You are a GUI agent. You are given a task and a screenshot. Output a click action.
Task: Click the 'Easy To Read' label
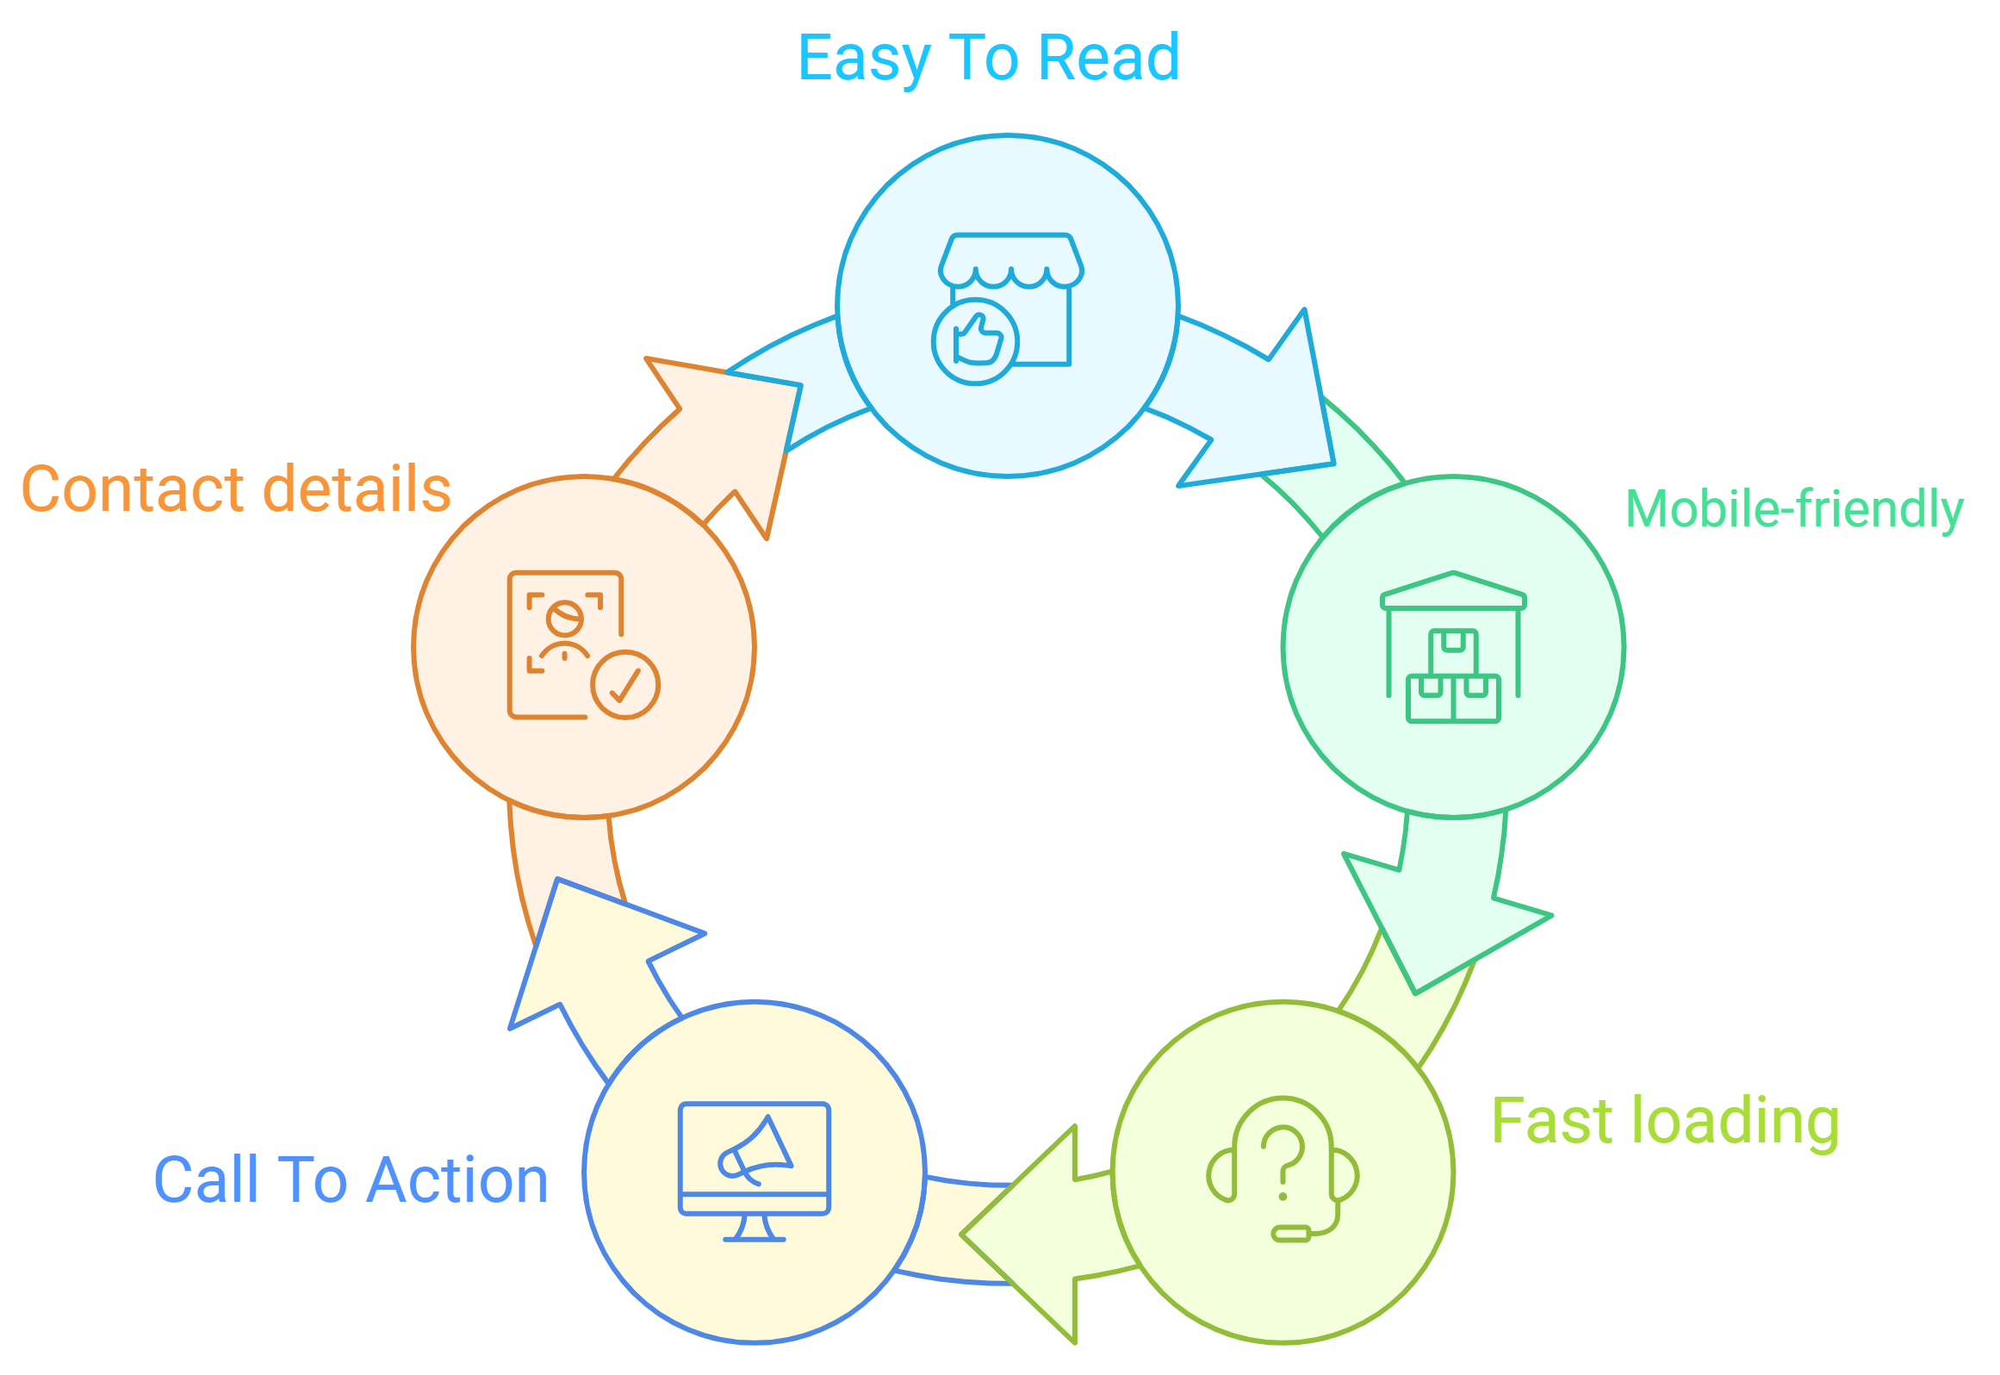[x=988, y=59]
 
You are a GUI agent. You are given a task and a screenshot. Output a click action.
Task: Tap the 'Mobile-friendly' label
[x=1794, y=508]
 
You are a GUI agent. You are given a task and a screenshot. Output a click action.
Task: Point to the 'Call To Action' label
[x=351, y=1179]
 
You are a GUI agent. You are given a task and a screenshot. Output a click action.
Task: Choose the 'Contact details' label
[x=236, y=488]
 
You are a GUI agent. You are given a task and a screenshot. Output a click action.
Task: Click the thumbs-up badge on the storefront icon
[x=975, y=341]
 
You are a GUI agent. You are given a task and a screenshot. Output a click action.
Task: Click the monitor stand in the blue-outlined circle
[x=755, y=1228]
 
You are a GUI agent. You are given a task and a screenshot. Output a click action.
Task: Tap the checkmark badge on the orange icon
[x=625, y=684]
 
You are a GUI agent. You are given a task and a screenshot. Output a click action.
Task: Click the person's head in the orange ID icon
[x=565, y=617]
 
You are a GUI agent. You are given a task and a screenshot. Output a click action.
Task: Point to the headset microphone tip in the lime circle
[x=1291, y=1234]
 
